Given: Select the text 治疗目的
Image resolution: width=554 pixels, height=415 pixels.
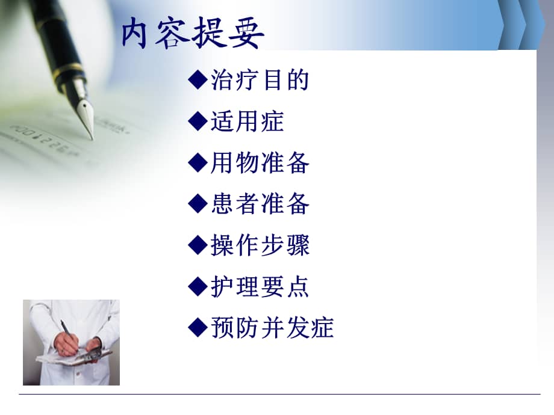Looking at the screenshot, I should click(x=260, y=81).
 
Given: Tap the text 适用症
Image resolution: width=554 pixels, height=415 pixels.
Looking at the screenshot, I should click(x=247, y=122).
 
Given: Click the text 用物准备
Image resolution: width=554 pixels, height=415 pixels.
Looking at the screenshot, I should click(x=260, y=163).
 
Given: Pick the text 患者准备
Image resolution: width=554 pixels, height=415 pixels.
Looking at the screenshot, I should click(x=260, y=204).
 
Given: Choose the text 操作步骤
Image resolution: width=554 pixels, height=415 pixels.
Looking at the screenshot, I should click(x=260, y=245).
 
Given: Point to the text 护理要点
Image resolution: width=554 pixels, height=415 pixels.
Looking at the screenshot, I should click(x=260, y=287).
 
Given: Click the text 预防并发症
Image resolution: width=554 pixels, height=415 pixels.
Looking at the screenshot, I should click(x=272, y=328).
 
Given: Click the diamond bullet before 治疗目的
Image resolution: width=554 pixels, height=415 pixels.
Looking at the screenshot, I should click(x=198, y=81).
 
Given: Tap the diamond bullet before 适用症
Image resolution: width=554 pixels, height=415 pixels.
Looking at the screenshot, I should click(x=198, y=122).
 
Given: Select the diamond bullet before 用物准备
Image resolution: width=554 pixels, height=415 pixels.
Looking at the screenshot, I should click(x=198, y=163).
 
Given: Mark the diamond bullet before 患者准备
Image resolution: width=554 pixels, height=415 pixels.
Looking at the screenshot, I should click(x=198, y=204).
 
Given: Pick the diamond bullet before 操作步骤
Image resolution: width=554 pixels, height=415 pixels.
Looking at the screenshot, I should click(x=198, y=245).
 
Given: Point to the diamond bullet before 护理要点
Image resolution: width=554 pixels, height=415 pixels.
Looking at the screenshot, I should click(x=198, y=287).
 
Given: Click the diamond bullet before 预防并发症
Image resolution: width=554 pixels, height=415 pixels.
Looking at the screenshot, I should click(x=198, y=328).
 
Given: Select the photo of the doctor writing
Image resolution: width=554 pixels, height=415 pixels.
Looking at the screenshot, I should click(x=71, y=342).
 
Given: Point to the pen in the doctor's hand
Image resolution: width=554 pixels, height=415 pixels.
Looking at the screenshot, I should click(x=66, y=329).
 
